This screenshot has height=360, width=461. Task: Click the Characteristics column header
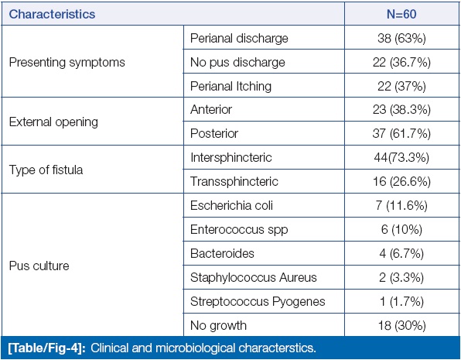[x=52, y=14]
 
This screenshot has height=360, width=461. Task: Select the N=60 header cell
[x=401, y=14]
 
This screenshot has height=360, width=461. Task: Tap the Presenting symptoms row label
[x=67, y=63]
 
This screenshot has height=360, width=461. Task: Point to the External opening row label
[x=53, y=122]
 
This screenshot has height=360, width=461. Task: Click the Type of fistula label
[x=46, y=170]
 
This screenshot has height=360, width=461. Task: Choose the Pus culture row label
[x=39, y=266]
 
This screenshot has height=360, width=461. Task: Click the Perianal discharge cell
[x=239, y=38]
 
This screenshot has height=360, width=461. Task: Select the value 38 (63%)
[x=401, y=38]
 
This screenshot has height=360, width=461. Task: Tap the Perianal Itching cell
[x=230, y=86]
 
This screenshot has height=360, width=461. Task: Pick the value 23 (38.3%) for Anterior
[x=401, y=109]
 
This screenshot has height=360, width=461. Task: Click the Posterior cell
[x=214, y=134]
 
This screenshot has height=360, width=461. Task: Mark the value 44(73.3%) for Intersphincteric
[x=401, y=157]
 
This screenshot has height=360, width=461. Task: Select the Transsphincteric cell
[x=234, y=181]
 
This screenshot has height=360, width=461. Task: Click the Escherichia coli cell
[x=231, y=205]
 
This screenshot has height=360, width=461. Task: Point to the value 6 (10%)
[x=401, y=229]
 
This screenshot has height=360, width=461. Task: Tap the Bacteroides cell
[x=222, y=253]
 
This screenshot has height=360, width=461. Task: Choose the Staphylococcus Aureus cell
[x=254, y=277]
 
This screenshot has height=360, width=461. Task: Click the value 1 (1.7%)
[x=401, y=301]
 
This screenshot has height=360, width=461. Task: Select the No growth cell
[x=218, y=326]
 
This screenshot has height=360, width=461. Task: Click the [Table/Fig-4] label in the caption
[x=47, y=348]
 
